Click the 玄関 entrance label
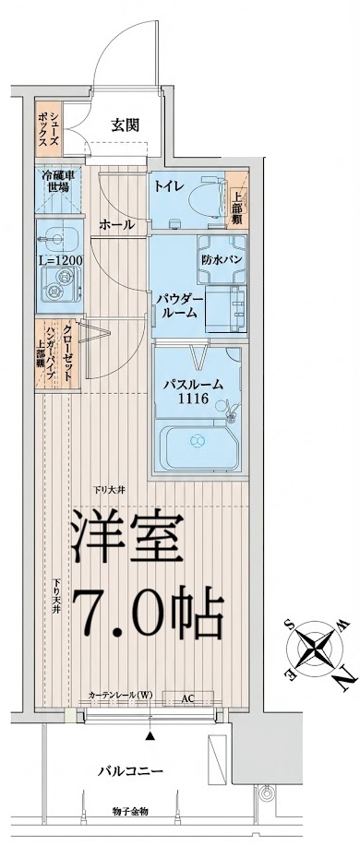126,125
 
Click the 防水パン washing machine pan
223,260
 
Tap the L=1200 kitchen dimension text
60,261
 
